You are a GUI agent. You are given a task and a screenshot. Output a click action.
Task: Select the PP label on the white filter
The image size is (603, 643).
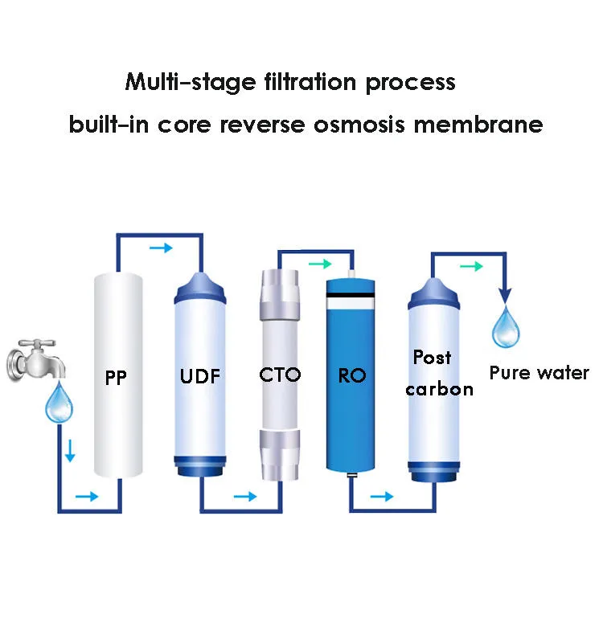(116, 377)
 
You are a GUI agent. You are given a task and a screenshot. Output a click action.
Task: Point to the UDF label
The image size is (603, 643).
(199, 376)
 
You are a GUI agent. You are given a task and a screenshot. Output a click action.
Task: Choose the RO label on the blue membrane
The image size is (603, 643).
(351, 375)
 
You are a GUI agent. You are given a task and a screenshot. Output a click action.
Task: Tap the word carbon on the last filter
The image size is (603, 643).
(439, 390)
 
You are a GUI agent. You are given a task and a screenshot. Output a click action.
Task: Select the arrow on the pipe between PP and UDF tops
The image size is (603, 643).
(161, 248)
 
